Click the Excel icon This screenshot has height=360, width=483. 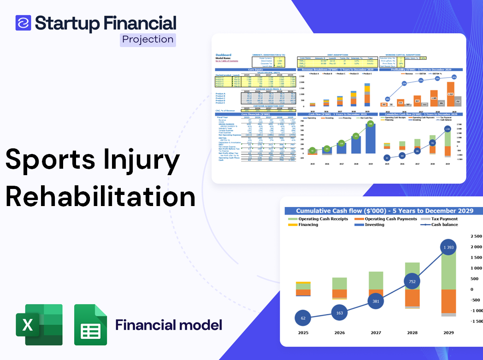pos(39,325)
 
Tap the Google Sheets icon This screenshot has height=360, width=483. pos(90,325)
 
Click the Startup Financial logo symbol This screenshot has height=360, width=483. pos(23,23)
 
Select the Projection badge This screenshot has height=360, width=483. pos(147,39)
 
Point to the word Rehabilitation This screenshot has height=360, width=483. pos(100,196)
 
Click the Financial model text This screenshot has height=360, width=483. pos(168,325)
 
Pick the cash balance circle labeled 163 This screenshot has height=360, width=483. pos(339,313)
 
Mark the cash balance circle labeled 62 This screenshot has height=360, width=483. pos(303,318)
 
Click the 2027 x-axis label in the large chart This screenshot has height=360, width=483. pos(375,333)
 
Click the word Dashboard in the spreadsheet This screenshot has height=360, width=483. pos(224,55)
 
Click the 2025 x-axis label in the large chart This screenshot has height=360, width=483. pos(304,333)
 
